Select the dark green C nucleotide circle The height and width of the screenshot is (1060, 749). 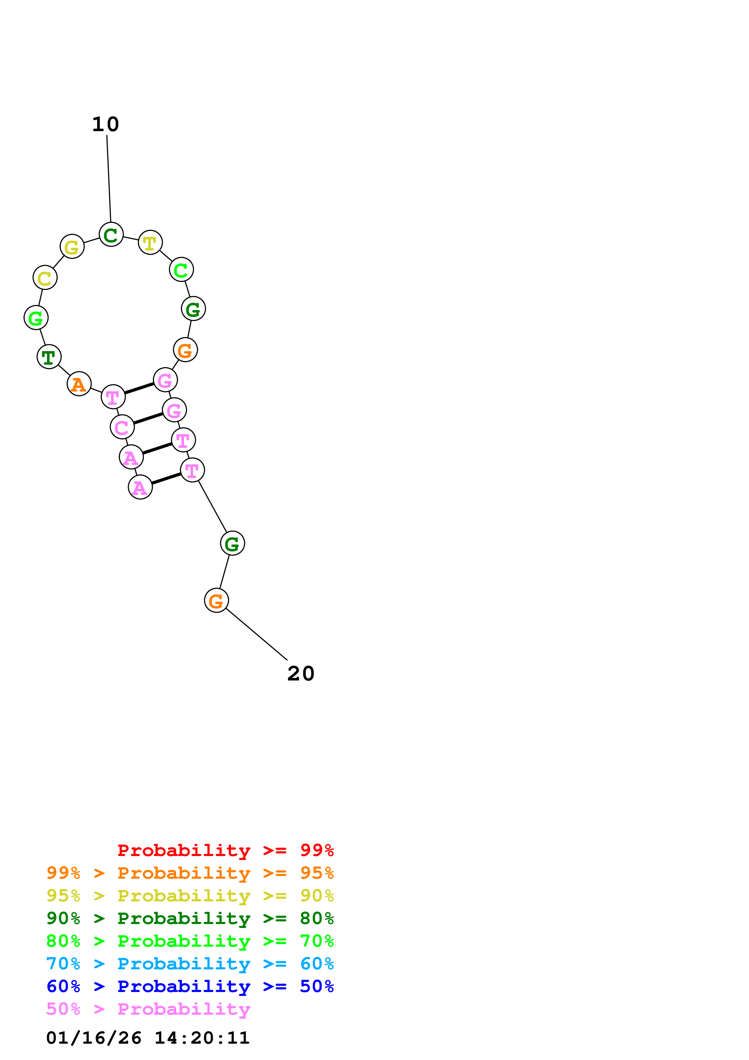[x=111, y=234]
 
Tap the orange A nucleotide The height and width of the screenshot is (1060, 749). [x=79, y=384]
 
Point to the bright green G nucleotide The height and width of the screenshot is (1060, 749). [x=36, y=318]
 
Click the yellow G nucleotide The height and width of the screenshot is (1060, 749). [x=72, y=247]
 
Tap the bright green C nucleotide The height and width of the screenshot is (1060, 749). [x=181, y=269]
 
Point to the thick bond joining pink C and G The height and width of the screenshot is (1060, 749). [x=148, y=418]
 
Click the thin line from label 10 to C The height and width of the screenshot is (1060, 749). [x=109, y=178]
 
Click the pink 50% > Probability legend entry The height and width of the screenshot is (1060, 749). [x=148, y=1009]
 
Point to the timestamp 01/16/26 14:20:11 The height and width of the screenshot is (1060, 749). [x=148, y=1038]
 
